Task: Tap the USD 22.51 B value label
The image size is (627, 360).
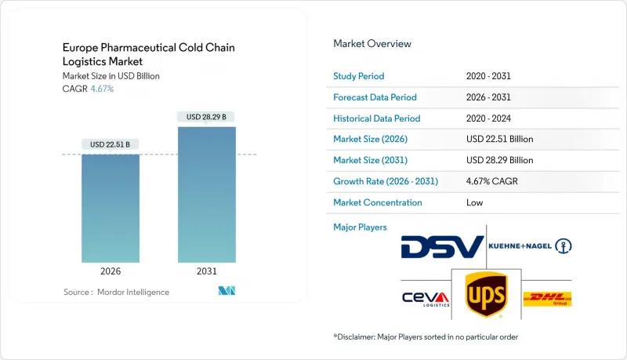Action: coord(111,144)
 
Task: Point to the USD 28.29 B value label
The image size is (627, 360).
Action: coord(207,117)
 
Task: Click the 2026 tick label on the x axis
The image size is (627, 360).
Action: coord(111,271)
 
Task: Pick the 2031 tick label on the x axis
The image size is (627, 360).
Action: coord(207,271)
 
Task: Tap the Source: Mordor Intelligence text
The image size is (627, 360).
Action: coord(116,292)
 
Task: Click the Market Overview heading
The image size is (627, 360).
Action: coord(372,44)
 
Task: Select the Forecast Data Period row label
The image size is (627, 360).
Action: coord(375,97)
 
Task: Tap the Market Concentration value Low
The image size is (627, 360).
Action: coord(475,202)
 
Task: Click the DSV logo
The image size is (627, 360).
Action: coord(442,247)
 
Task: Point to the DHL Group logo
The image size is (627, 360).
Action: coord(546,299)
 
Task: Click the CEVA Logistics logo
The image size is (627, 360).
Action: coord(426,299)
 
